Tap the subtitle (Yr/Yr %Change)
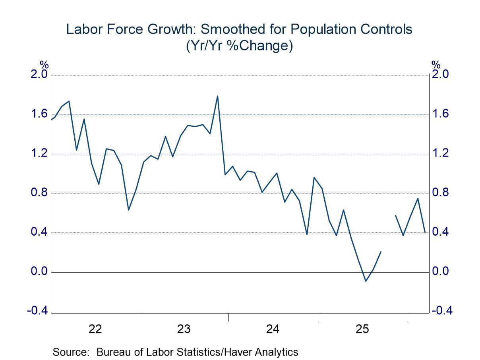coord(239,46)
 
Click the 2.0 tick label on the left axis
coord(39,75)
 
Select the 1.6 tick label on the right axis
coord(441,114)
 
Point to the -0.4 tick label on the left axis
coord(37,311)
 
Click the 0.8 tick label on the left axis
coord(39,193)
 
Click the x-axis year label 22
coord(96,329)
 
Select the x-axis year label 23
coord(184,329)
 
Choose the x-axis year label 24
coord(273,329)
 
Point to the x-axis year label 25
coord(362,329)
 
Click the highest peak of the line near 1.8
coord(217,96)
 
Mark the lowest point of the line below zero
coord(366,281)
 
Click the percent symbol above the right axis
coord(436,64)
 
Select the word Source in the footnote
coord(71,352)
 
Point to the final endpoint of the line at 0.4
coord(425,232)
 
